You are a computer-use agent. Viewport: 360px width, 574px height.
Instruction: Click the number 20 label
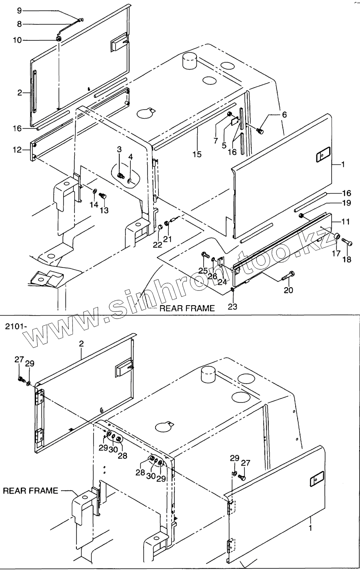288,290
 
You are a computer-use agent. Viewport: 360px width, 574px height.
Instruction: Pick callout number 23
233,307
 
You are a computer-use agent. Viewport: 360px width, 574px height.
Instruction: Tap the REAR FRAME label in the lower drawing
30,490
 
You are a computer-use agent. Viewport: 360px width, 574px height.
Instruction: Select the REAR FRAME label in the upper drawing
187,308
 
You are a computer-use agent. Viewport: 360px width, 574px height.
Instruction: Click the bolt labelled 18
348,242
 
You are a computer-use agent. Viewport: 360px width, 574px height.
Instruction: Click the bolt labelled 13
102,196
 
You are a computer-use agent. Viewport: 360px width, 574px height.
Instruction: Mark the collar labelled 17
337,238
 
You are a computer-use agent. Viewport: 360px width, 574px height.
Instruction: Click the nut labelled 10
59,39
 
